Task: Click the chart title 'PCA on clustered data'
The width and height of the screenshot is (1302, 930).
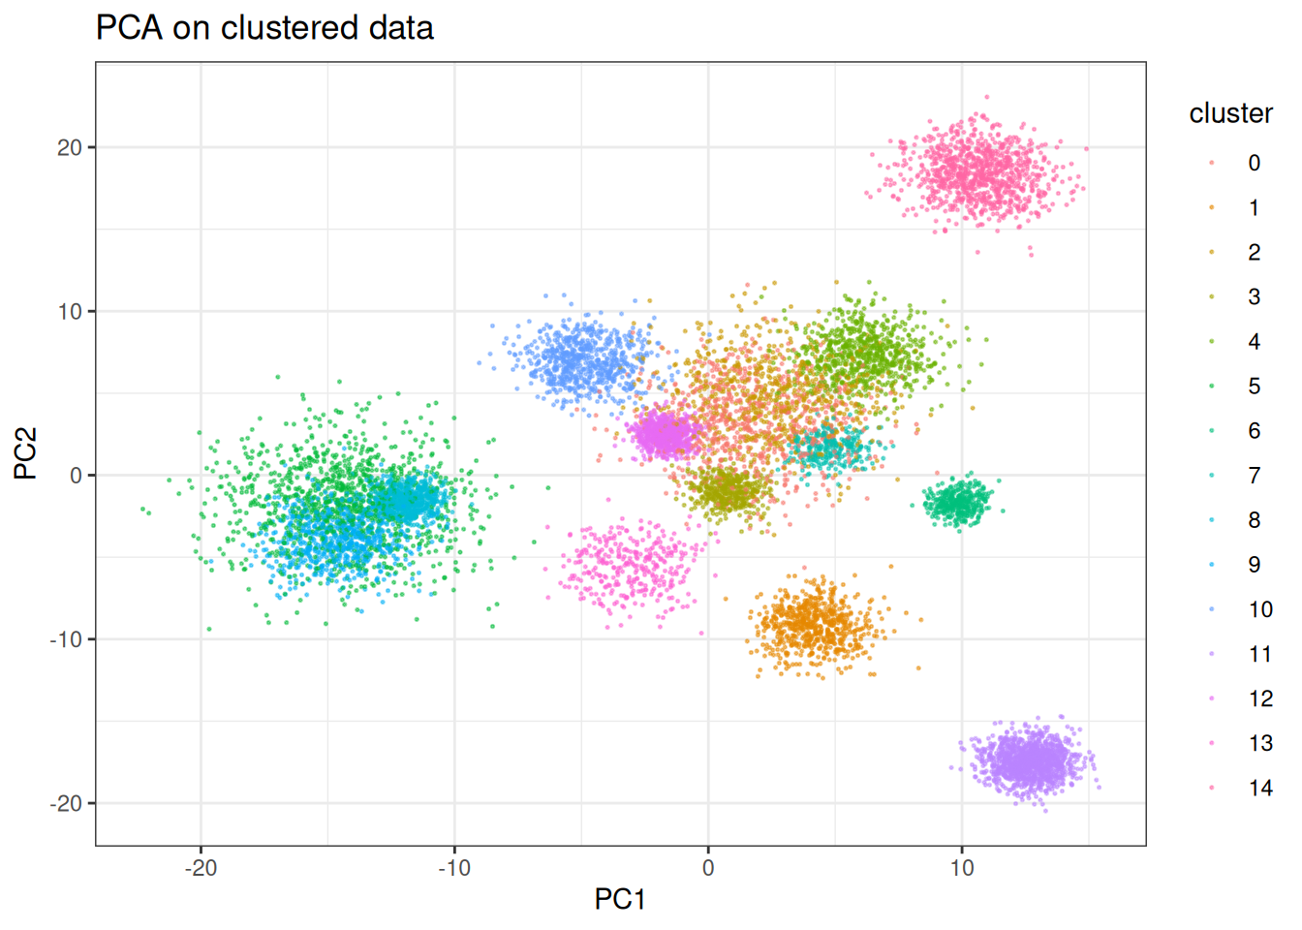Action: point(264,28)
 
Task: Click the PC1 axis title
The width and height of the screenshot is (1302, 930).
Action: point(620,899)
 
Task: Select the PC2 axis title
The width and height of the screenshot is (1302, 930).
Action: point(26,453)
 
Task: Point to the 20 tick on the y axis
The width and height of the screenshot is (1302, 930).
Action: point(69,148)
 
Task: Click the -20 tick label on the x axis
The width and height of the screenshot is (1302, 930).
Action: point(201,867)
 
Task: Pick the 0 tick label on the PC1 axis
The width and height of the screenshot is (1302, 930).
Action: point(708,867)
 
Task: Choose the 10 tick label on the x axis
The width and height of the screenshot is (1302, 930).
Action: point(961,867)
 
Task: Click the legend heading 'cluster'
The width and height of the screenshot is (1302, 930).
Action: point(1230,113)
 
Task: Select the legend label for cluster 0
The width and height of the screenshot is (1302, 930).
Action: point(1254,163)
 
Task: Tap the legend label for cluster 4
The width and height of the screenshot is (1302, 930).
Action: point(1254,342)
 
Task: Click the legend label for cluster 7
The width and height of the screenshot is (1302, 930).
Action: point(1254,476)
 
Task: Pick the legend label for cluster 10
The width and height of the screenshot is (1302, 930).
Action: point(1259,609)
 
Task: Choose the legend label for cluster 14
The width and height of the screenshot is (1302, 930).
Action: point(1259,789)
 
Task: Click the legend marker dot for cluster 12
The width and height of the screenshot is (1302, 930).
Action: point(1212,698)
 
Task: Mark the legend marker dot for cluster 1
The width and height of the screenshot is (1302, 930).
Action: point(1212,207)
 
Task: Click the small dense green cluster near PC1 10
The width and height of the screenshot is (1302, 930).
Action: point(959,502)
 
